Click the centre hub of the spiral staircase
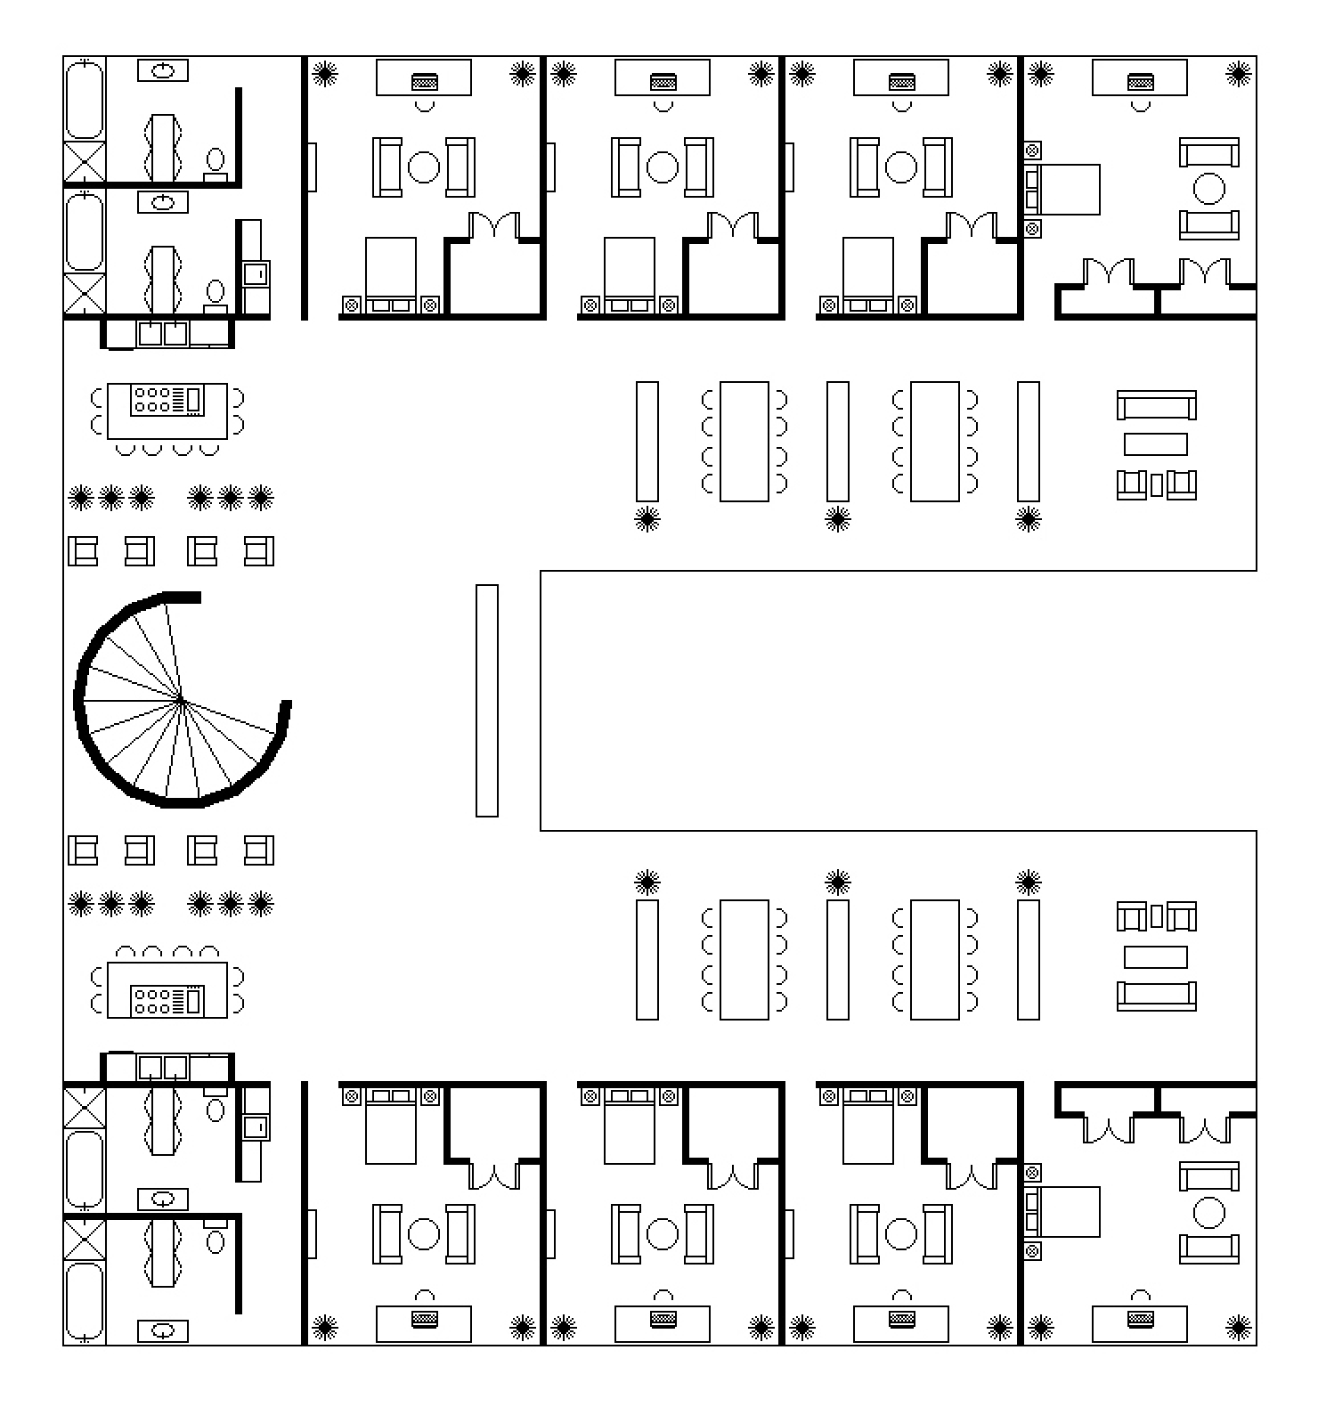(x=182, y=701)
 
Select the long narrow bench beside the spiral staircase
(x=486, y=701)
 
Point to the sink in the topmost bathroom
(x=163, y=70)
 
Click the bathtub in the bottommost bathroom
(x=85, y=1299)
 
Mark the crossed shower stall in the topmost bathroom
(x=85, y=162)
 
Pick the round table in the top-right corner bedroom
(x=1208, y=189)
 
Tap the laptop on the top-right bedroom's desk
(x=1140, y=82)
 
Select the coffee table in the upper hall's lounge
(x=1155, y=443)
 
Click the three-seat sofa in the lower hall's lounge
(x=1156, y=995)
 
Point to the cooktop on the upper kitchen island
(x=167, y=401)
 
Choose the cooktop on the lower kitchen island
(x=167, y=1000)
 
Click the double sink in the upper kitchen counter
(x=163, y=334)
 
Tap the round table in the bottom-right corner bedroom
(x=1208, y=1212)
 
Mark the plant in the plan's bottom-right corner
(x=1238, y=1329)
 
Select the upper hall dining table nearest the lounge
(x=934, y=442)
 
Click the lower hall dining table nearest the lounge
(x=934, y=959)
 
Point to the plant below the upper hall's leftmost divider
(x=647, y=519)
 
